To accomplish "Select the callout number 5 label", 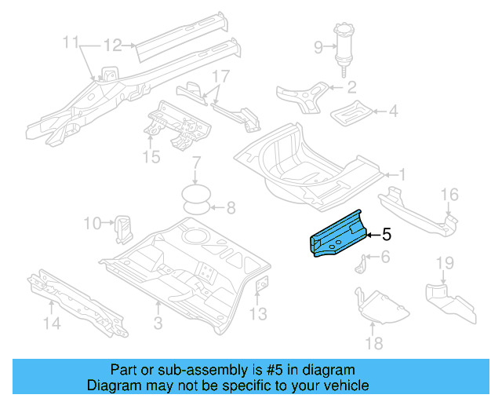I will [386, 234].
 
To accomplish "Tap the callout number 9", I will [318, 48].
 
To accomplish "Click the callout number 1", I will [403, 174].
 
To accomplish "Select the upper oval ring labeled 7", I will [196, 192].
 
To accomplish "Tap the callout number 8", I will [230, 208].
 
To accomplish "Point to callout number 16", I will [449, 195].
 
